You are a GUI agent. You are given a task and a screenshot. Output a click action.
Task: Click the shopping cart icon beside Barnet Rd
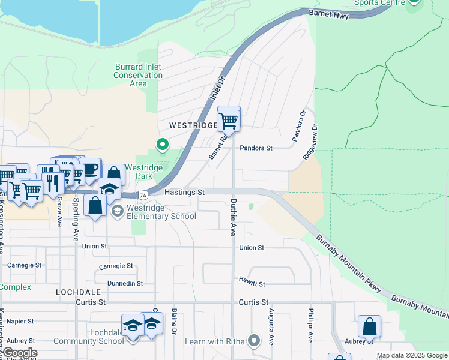tap(228, 120)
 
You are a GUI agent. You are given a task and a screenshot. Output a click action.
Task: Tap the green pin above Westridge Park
tap(161, 145)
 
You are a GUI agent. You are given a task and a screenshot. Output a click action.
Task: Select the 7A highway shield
tap(143, 195)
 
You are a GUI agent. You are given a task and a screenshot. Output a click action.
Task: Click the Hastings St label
tap(185, 193)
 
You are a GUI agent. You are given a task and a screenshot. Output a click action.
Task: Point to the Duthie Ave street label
tap(234, 217)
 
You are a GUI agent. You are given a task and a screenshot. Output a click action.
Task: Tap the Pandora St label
tap(256, 148)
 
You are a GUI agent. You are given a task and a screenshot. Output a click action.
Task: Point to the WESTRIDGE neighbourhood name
tap(192, 126)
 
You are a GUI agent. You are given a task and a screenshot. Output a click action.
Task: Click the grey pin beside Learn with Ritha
tap(254, 341)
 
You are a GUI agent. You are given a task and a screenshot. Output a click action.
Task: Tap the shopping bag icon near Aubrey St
tap(369, 326)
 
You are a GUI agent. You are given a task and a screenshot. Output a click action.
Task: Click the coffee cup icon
tap(90, 170)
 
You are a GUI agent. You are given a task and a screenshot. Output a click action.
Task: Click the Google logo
tap(19, 353)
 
